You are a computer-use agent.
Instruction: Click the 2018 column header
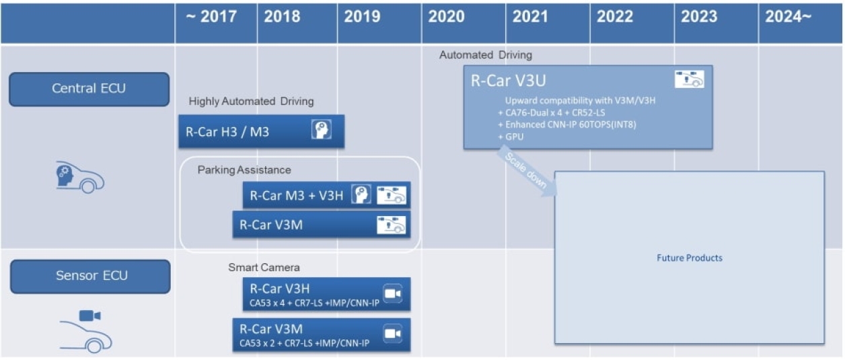tap(282, 17)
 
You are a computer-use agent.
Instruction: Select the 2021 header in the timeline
tap(530, 17)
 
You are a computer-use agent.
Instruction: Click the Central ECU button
tap(89, 89)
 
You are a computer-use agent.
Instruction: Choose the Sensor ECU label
tap(89, 276)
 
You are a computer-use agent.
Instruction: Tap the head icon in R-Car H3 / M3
tap(322, 130)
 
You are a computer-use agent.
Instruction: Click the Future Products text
tap(689, 258)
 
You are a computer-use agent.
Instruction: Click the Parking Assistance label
tap(244, 170)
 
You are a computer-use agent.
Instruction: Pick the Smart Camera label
tap(264, 268)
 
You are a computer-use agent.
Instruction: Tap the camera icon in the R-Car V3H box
tap(392, 293)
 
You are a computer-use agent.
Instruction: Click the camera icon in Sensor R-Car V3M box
tap(392, 334)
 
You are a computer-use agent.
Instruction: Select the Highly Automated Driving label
tap(251, 102)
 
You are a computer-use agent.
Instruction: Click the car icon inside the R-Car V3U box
tap(690, 79)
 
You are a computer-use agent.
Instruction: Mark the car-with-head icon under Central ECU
tap(80, 178)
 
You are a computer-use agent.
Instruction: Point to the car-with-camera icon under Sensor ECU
tap(85, 332)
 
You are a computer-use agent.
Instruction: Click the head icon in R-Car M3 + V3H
tap(361, 194)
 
